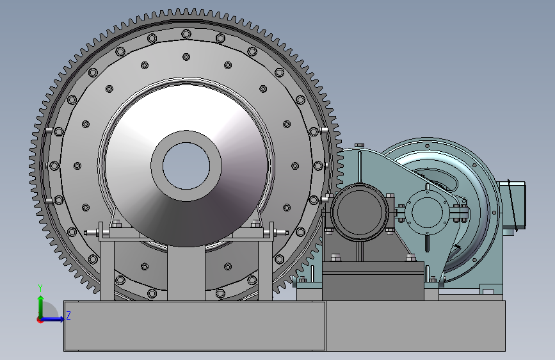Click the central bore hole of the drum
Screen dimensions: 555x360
coord(186,166)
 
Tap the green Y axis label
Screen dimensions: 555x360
coord(40,288)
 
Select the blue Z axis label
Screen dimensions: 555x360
coord(68,315)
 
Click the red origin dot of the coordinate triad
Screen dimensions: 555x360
coord(39,320)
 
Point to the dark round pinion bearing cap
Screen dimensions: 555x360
coord(360,212)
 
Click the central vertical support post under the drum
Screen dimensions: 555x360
coord(186,273)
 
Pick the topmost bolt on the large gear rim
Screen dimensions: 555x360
coord(186,34)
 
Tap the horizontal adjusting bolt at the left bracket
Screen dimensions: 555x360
coord(92,233)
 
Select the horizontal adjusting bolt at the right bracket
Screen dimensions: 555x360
coord(280,233)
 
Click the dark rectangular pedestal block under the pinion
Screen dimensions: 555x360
coord(373,281)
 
